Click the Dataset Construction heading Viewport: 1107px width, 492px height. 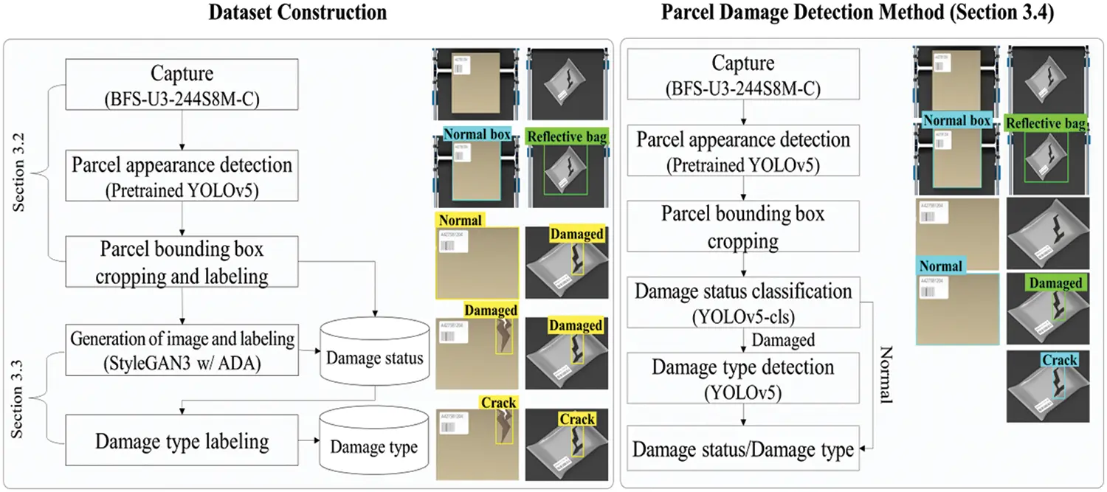(x=297, y=13)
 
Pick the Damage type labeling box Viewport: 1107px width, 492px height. (x=182, y=441)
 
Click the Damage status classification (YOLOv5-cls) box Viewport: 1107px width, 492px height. (x=743, y=302)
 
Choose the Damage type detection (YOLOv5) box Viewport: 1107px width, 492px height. (x=743, y=378)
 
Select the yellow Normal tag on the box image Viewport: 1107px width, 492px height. (x=460, y=220)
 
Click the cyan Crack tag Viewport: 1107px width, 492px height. (x=1060, y=360)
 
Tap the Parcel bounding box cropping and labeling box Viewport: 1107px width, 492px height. (x=182, y=262)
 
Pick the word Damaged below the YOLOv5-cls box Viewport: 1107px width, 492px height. (x=783, y=340)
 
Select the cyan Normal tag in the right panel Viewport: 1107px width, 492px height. (x=941, y=266)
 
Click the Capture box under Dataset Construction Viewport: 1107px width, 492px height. (x=182, y=83)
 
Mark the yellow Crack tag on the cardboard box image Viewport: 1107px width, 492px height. (x=497, y=403)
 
